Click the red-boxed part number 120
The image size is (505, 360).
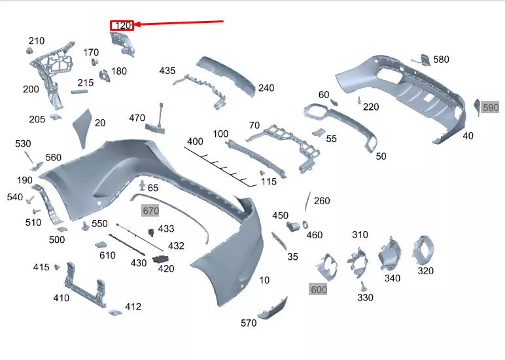tap(122, 26)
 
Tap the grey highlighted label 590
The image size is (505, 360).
tap(490, 107)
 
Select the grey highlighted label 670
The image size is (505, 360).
tap(151, 211)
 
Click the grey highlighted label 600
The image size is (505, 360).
tap(319, 289)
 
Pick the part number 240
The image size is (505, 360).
tap(266, 88)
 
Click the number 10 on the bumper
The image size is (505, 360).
tap(264, 280)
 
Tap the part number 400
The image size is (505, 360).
tap(195, 141)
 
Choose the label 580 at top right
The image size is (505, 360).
tap(442, 60)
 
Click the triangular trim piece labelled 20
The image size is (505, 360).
tap(82, 128)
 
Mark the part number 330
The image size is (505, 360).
tap(365, 297)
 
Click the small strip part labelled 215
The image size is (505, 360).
tap(79, 93)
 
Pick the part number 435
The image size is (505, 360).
tap(167, 71)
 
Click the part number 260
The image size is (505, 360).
tap(322, 201)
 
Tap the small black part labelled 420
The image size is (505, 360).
tap(160, 259)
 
